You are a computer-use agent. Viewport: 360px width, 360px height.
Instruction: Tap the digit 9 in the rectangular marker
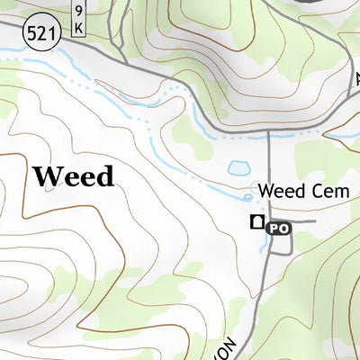coord(78,11)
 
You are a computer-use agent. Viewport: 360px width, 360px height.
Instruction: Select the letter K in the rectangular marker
coord(78,27)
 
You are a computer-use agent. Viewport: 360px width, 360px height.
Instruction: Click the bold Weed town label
coord(74,175)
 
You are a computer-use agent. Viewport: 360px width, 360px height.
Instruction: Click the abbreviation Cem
coord(311,191)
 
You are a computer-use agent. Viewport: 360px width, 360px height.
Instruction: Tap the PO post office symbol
coord(279,229)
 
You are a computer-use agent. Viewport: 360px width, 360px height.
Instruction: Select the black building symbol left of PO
coord(257,225)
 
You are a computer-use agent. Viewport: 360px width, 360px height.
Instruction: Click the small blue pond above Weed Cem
coord(239,168)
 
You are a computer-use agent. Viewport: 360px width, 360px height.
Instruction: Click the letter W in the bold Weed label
coord(45,175)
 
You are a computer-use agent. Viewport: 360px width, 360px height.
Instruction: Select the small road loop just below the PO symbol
coord(278,244)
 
